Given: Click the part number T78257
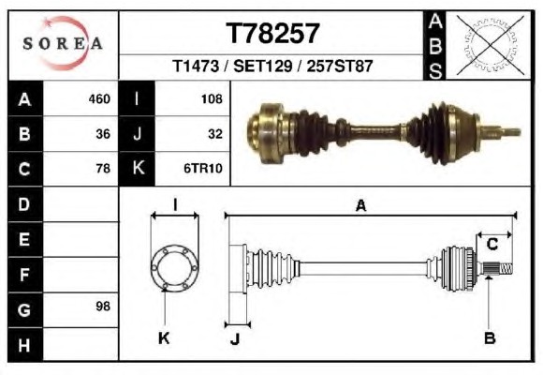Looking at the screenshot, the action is coord(272,33).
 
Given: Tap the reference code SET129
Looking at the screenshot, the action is coord(263,66).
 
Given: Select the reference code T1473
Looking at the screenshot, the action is coord(196,66).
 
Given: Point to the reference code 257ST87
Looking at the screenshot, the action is coord(339,66).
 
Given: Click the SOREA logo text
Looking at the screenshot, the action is coord(63,44).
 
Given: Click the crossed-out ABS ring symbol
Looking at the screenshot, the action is coord(490,45).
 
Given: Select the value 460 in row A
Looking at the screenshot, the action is coord(99,99).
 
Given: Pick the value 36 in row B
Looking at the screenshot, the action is coord(103,134).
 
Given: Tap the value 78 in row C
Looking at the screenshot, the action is coord(103,169).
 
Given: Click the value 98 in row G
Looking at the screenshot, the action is coord(103,307).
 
